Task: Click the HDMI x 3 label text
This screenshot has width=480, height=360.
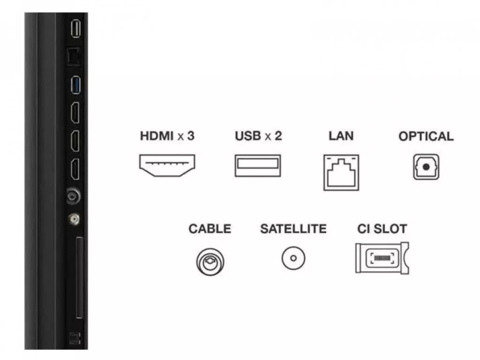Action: pyautogui.click(x=167, y=136)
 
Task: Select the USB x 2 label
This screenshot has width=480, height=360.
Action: pyautogui.click(x=258, y=136)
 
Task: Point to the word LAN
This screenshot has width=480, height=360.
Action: pyautogui.click(x=341, y=136)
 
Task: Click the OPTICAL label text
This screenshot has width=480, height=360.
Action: pyautogui.click(x=426, y=136)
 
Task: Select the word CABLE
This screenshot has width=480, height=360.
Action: pyautogui.click(x=210, y=229)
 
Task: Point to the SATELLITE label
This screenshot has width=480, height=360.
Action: pyautogui.click(x=293, y=229)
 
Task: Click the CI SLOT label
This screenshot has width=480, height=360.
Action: pyautogui.click(x=382, y=229)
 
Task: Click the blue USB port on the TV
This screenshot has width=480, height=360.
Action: pyautogui.click(x=75, y=85)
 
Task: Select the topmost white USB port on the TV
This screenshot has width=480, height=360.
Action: pyautogui.click(x=75, y=29)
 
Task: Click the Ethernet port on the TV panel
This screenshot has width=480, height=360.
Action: pyautogui.click(x=74, y=57)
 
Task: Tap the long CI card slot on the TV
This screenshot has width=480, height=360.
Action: pyautogui.click(x=79, y=277)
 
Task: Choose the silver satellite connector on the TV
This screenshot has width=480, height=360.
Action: pyautogui.click(x=74, y=219)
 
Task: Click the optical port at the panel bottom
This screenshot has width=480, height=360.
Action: pyautogui.click(x=75, y=338)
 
